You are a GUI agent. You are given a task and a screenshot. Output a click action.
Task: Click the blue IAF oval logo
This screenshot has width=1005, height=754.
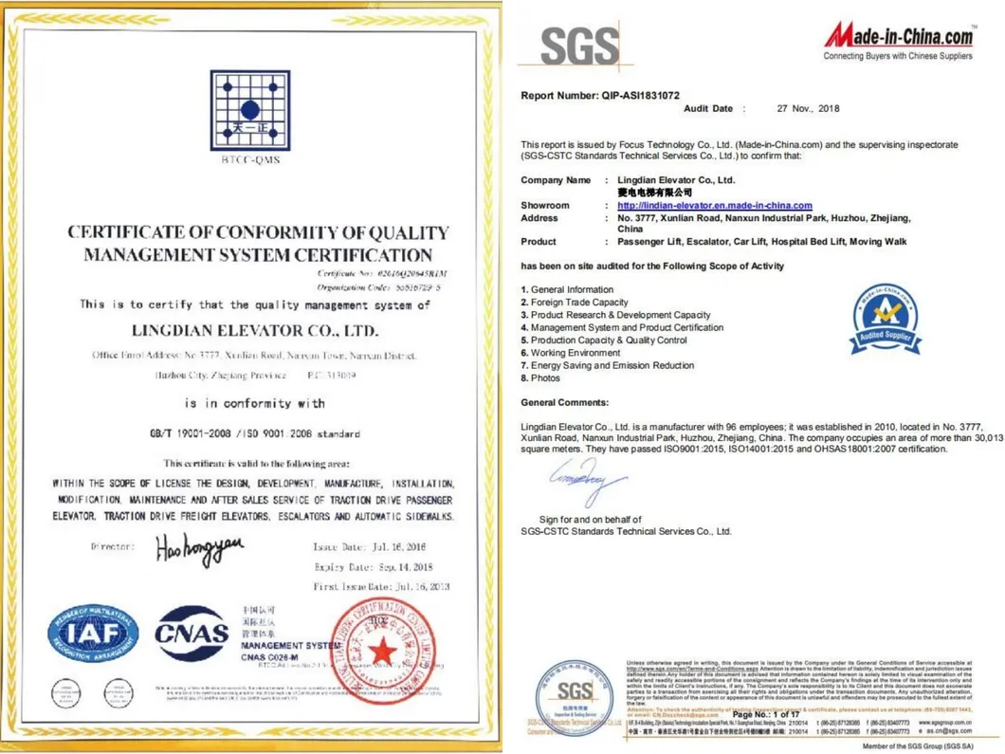(93, 634)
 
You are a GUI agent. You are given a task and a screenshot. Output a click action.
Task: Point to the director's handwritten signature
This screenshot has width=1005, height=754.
(200, 547)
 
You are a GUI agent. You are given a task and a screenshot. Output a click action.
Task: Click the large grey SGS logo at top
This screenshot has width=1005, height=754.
(579, 46)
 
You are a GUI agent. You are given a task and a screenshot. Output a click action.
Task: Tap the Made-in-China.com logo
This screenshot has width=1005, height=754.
(899, 38)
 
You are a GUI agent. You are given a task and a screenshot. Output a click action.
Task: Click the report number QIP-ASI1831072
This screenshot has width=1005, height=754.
(600, 96)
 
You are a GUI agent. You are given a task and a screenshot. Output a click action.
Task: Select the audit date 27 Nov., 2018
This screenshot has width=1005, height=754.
(808, 109)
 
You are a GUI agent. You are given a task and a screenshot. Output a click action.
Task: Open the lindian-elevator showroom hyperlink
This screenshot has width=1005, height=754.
(715, 206)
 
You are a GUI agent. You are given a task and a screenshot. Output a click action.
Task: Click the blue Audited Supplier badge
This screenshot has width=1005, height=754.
(884, 318)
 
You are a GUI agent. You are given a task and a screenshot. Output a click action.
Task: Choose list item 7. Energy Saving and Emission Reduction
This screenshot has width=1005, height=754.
(607, 365)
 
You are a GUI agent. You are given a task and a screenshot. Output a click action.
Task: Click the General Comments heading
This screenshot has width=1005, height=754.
(564, 403)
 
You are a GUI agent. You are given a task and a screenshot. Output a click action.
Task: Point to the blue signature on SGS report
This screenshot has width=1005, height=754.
(587, 481)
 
